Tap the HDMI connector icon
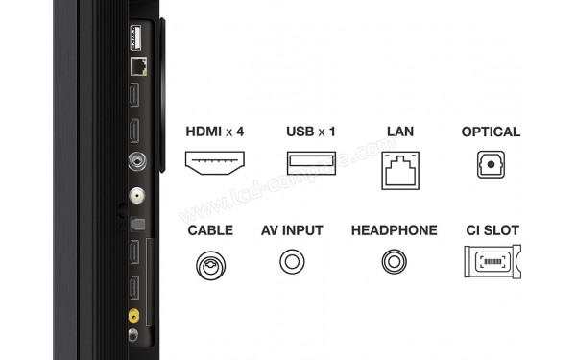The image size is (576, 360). click(214, 162)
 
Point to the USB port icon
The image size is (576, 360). click(307, 162)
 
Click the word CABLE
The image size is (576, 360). click(210, 230)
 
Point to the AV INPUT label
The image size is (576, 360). click(292, 230)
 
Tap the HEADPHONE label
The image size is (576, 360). click(394, 230)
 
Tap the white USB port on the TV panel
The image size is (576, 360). click(134, 37)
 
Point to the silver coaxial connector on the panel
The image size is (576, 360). click(134, 162)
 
